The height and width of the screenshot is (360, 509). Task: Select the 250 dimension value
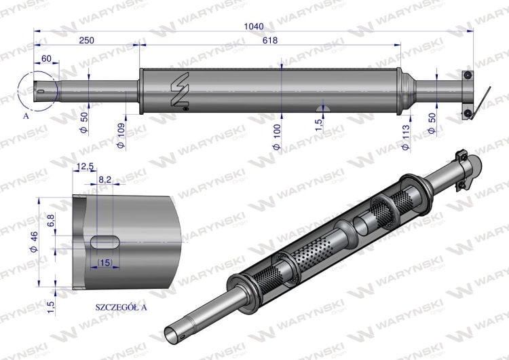click(86, 41)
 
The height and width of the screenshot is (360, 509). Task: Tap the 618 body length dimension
click(270, 41)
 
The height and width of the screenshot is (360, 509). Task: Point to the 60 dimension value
click(46, 59)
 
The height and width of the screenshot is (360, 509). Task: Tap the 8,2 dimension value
click(105, 180)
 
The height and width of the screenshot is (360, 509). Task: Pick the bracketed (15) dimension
click(105, 262)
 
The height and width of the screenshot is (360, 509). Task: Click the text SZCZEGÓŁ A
click(121, 307)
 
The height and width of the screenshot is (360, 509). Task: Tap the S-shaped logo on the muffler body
click(179, 89)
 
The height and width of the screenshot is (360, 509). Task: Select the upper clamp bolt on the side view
click(467, 74)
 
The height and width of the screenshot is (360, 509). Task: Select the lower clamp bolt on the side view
click(467, 112)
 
